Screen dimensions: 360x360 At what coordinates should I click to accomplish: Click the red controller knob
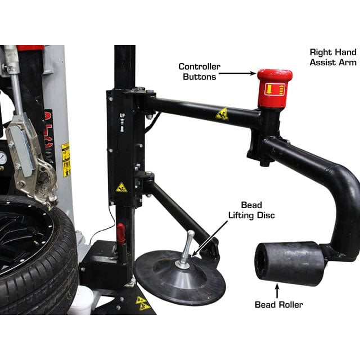tap(274, 88)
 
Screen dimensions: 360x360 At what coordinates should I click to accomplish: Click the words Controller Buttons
tap(200, 71)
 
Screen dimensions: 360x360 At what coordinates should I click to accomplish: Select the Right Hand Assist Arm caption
tap(334, 57)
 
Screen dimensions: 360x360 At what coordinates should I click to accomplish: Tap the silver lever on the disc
tap(187, 247)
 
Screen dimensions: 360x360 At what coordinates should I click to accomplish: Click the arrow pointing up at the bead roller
tap(277, 290)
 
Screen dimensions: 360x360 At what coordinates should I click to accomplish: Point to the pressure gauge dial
tap(3, 158)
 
